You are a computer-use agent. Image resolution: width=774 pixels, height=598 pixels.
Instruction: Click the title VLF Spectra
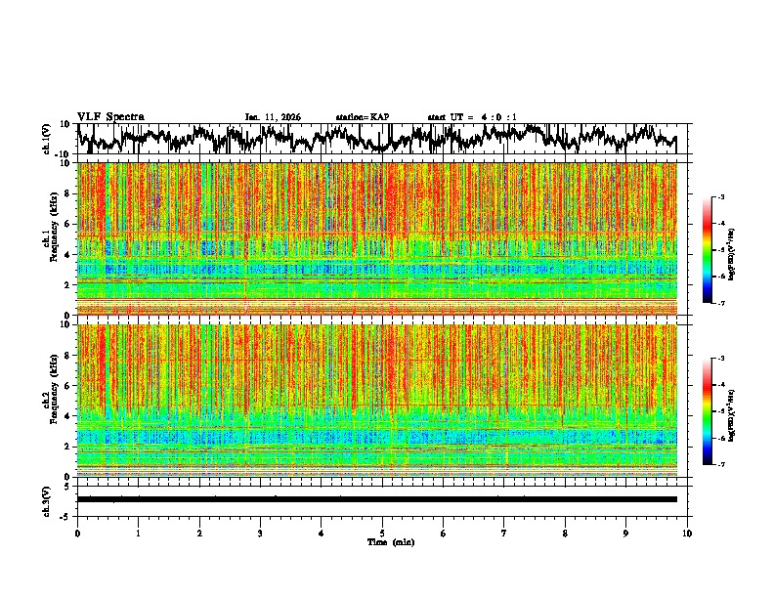click(x=110, y=117)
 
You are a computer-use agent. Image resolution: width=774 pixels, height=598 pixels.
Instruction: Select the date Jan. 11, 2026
click(x=273, y=117)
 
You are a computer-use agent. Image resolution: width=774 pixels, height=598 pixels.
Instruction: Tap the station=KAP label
click(x=363, y=117)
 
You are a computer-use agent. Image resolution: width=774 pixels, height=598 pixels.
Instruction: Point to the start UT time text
click(x=472, y=117)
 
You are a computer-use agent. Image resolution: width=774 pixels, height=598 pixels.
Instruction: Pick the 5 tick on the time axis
click(x=382, y=533)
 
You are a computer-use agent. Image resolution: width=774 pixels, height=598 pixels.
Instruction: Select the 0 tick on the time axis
click(x=77, y=533)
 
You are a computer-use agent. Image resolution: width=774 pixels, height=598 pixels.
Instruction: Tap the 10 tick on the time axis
click(x=687, y=533)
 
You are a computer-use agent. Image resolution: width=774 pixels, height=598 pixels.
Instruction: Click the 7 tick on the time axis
click(x=504, y=533)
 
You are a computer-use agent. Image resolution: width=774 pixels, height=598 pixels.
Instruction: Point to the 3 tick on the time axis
click(x=260, y=533)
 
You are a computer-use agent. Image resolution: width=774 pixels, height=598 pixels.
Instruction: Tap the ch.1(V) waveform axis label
click(x=47, y=139)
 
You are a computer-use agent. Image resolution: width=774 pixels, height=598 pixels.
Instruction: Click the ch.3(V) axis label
click(x=47, y=498)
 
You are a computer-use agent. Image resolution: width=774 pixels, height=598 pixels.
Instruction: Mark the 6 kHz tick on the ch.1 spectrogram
click(x=67, y=224)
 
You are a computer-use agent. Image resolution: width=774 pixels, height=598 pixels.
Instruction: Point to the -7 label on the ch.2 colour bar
click(x=722, y=466)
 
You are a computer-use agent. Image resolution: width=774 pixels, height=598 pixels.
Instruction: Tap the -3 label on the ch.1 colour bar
click(x=722, y=197)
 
